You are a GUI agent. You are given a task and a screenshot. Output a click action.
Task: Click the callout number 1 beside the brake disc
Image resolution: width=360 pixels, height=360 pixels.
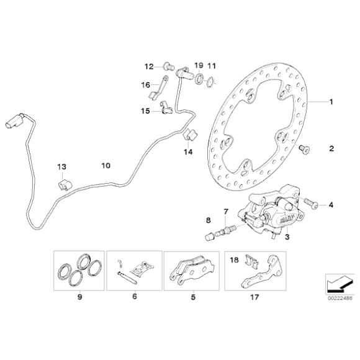click(x=331, y=102)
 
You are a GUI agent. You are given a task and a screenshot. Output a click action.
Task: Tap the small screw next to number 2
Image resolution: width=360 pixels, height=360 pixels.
click(x=305, y=149)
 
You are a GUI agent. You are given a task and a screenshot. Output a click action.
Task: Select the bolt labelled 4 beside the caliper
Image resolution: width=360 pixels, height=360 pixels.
click(x=311, y=203)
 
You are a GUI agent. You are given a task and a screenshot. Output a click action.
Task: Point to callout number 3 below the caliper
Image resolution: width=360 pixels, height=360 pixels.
click(x=287, y=236)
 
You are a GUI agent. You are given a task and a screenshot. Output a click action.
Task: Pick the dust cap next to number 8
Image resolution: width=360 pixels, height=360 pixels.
click(x=209, y=236)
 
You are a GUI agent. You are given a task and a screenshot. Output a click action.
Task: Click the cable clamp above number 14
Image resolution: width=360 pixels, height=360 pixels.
click(x=191, y=135)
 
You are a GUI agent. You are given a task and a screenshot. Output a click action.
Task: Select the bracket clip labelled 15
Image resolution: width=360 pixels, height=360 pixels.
click(x=166, y=107)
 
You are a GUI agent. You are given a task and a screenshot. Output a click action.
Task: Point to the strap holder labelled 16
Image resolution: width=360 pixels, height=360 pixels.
click(x=158, y=88)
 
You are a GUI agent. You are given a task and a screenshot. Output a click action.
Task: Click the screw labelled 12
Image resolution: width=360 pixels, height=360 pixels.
click(x=169, y=66)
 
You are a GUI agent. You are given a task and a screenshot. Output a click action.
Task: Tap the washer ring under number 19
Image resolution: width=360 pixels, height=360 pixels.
click(x=199, y=78)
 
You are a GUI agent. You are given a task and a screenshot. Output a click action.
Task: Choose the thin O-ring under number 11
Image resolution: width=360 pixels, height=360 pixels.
click(x=210, y=83)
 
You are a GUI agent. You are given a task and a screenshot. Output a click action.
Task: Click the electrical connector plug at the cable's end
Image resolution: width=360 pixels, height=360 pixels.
click(x=14, y=121)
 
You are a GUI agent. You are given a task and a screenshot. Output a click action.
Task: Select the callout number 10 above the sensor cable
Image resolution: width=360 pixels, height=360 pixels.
click(x=106, y=166)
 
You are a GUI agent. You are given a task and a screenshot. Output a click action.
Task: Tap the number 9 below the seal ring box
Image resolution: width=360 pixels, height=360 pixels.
click(x=79, y=297)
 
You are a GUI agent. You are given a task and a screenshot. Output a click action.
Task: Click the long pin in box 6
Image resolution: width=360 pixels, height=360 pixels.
click(x=127, y=278)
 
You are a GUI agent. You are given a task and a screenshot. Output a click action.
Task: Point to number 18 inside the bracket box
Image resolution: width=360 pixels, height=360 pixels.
click(x=234, y=260)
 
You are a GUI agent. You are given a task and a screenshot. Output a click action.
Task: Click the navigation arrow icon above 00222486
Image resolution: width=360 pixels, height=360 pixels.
click(x=340, y=284)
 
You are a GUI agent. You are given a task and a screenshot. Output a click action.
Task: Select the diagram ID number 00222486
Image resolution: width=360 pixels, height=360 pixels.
click(x=340, y=299)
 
